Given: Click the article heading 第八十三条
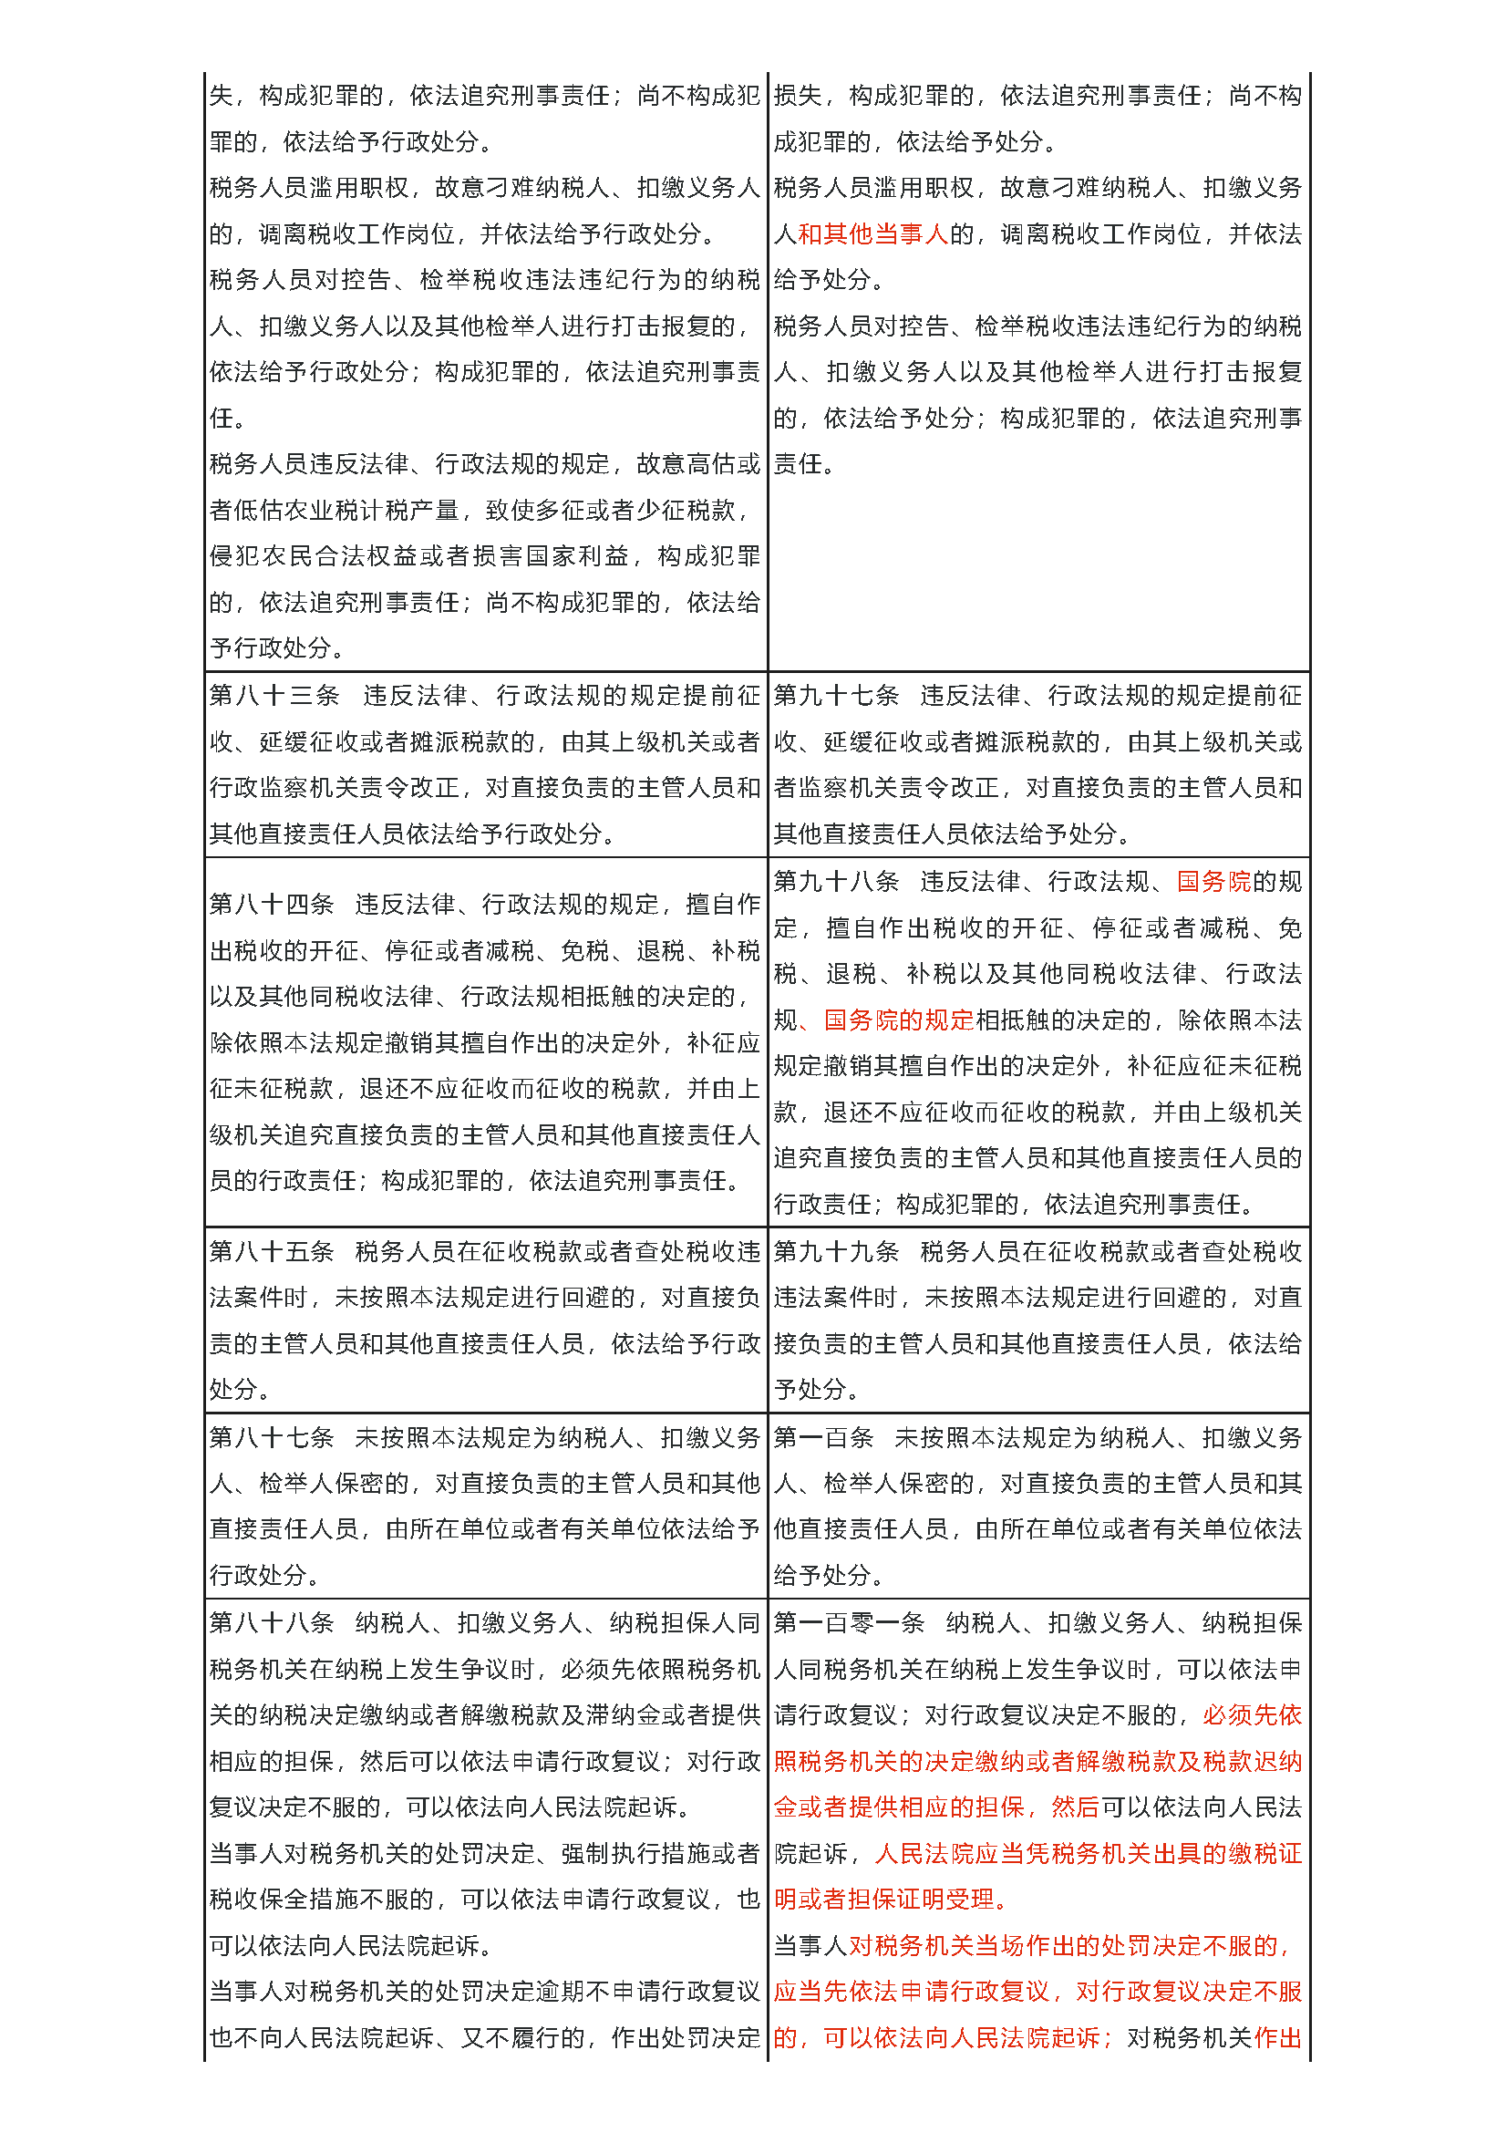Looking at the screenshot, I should pos(274,695).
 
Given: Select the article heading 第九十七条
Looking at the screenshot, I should pos(836,695).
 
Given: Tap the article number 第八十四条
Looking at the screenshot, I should pos(271,904).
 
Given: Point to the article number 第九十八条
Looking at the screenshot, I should pos(836,881).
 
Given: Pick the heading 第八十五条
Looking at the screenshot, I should pos(271,1251).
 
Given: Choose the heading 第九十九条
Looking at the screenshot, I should pos(836,1251).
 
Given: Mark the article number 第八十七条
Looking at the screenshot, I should pos(271,1437).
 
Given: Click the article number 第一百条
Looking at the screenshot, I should pos(823,1437).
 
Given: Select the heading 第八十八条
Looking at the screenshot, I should pos(271,1622).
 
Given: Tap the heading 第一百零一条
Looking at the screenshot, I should pos(849,1622).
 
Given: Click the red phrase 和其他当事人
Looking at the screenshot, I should pos(872,233).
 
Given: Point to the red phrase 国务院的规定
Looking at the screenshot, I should pos(899,1020).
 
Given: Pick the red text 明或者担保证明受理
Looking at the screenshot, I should pos(884,1900).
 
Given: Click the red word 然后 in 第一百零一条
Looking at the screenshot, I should pos(1075,1807).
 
